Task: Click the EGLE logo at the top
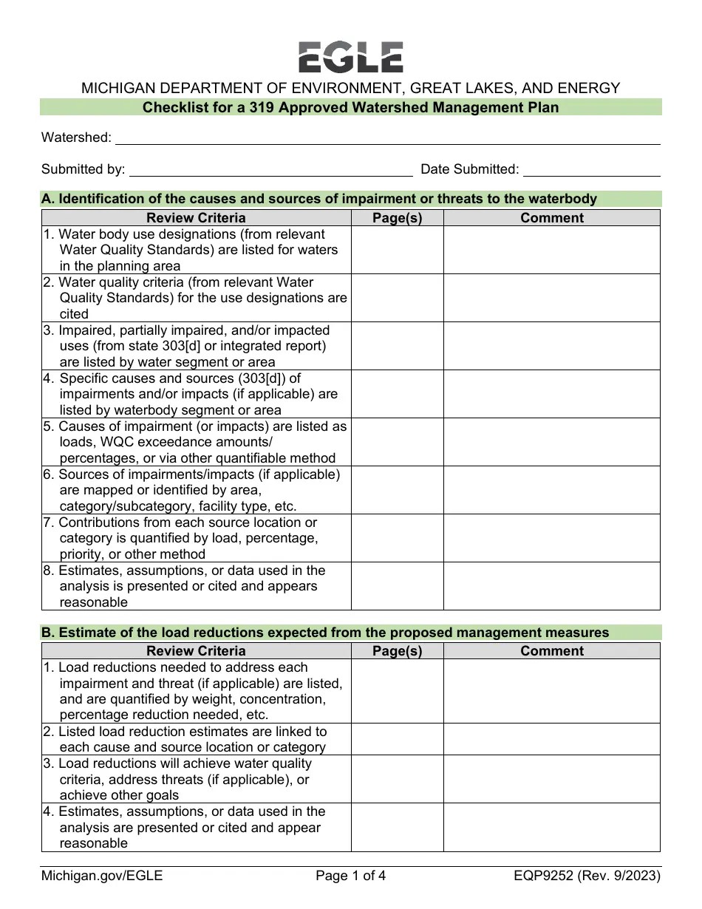pyautogui.click(x=350, y=57)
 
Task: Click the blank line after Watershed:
pyautogui.click(x=387, y=137)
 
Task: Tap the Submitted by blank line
pyautogui.click(x=270, y=170)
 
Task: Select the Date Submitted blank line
pyautogui.click(x=591, y=170)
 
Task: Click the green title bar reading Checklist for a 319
pyautogui.click(x=350, y=108)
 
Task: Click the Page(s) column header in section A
pyautogui.click(x=397, y=218)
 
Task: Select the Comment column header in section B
pyautogui.click(x=551, y=651)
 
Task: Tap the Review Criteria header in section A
pyautogui.click(x=196, y=218)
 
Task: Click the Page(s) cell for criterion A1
pyautogui.click(x=397, y=250)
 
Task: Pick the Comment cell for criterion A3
pyautogui.click(x=551, y=346)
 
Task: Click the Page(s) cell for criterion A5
pyautogui.click(x=397, y=442)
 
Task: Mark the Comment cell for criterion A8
pyautogui.click(x=551, y=586)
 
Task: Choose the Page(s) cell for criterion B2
pyautogui.click(x=397, y=739)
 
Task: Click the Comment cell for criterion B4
pyautogui.click(x=551, y=828)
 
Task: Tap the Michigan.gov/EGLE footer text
pyautogui.click(x=102, y=876)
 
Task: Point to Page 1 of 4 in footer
pyautogui.click(x=350, y=876)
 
